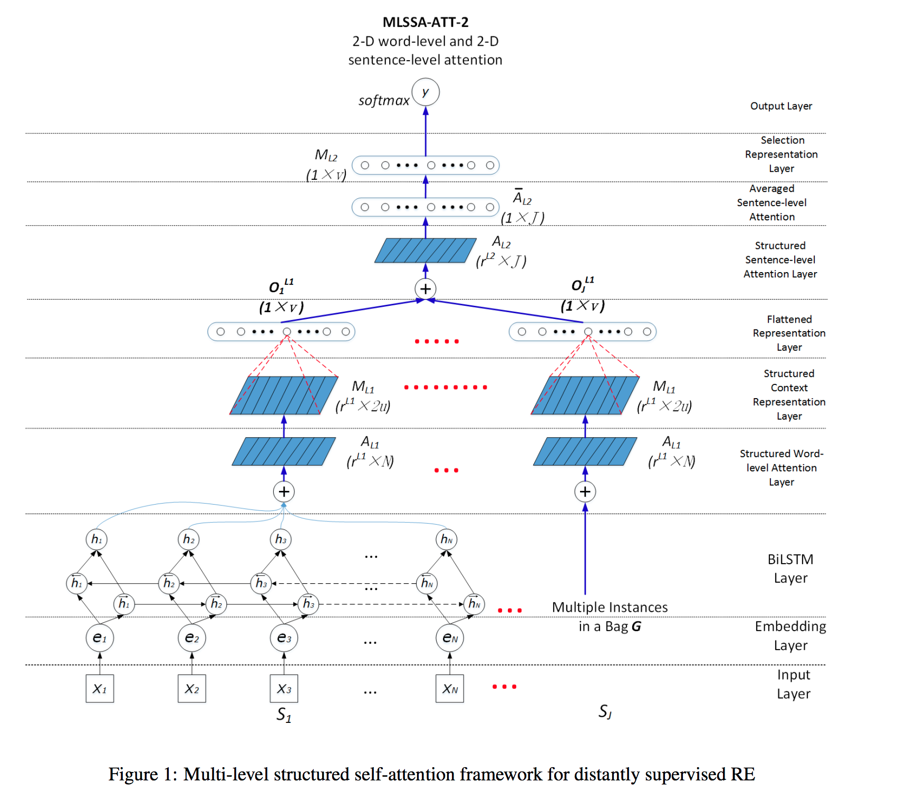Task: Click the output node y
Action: pyautogui.click(x=426, y=92)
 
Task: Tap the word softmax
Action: pyautogui.click(x=383, y=100)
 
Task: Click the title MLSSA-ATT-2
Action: pyautogui.click(x=425, y=22)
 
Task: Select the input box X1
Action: pyautogui.click(x=100, y=689)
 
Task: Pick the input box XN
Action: pyautogui.click(x=450, y=689)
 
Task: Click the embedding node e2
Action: pyautogui.click(x=192, y=638)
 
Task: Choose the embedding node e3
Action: pyautogui.click(x=284, y=638)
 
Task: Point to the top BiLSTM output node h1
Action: pyautogui.click(x=97, y=539)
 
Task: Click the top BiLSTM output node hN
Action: pyautogui.click(x=446, y=539)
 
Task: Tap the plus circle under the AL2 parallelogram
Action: pyautogui.click(x=426, y=288)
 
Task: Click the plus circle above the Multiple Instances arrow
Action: pyautogui.click(x=585, y=491)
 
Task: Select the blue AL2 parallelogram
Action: pyautogui.click(x=425, y=250)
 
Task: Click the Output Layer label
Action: pyautogui.click(x=781, y=106)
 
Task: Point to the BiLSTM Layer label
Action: pyautogui.click(x=790, y=568)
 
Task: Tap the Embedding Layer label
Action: pyautogui.click(x=790, y=635)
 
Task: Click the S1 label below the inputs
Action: pyautogui.click(x=284, y=715)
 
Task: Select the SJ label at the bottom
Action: pyautogui.click(x=605, y=712)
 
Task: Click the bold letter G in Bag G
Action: pyautogui.click(x=636, y=626)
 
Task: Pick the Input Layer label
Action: pyautogui.click(x=793, y=684)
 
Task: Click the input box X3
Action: pyautogui.click(x=284, y=689)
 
